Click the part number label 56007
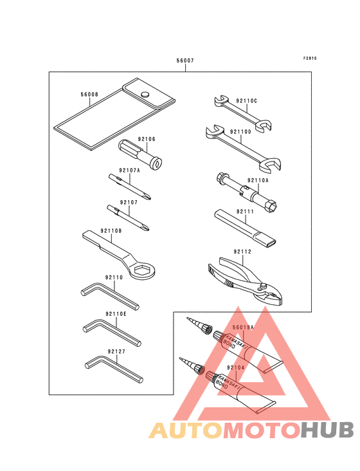click(x=185, y=60)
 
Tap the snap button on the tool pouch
click(x=145, y=94)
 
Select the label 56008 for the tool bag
click(x=89, y=95)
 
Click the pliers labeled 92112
click(x=245, y=281)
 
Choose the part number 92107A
click(x=130, y=171)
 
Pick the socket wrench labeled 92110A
click(x=246, y=192)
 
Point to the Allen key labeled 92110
click(x=110, y=296)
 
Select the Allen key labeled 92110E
click(x=112, y=333)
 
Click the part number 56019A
click(x=243, y=328)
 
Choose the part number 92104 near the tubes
click(x=236, y=367)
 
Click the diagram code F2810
click(x=310, y=59)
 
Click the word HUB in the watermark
click(x=327, y=430)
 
